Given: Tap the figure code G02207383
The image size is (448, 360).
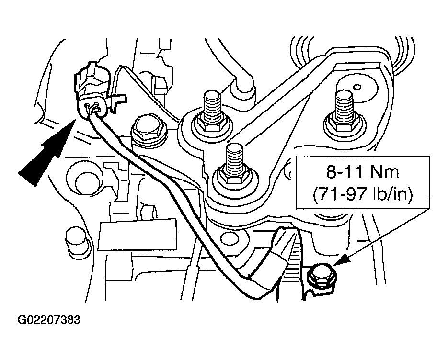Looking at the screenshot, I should coord(49,319).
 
